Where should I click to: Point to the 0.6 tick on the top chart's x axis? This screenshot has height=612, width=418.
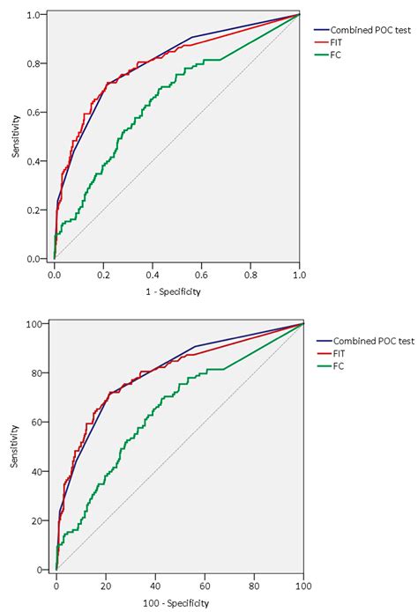tap(202, 275)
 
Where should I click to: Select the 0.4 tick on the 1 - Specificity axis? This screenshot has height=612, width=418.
tap(153, 275)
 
